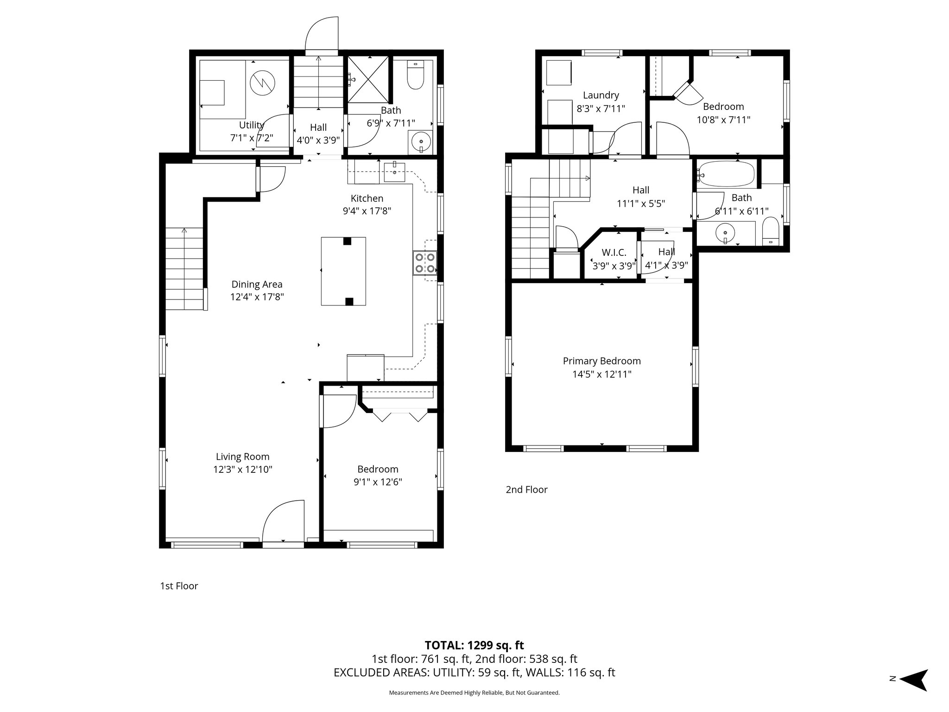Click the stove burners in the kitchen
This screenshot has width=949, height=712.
(425, 263)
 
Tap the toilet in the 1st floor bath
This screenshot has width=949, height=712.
(415, 77)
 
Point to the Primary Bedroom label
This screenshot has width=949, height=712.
(601, 361)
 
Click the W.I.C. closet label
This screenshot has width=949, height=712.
(614, 253)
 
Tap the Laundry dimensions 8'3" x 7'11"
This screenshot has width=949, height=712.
(601, 108)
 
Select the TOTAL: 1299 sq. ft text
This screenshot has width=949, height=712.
(474, 645)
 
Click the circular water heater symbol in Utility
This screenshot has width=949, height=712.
(262, 83)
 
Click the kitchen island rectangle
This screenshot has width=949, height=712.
(343, 271)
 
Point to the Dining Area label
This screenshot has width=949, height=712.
(257, 284)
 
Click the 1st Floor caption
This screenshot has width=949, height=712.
(179, 586)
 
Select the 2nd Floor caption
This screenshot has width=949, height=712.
(526, 489)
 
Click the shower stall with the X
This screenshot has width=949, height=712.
(369, 79)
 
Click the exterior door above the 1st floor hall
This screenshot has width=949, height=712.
(321, 35)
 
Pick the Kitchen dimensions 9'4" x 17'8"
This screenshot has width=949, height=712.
(367, 211)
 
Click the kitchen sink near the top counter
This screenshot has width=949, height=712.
(395, 172)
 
